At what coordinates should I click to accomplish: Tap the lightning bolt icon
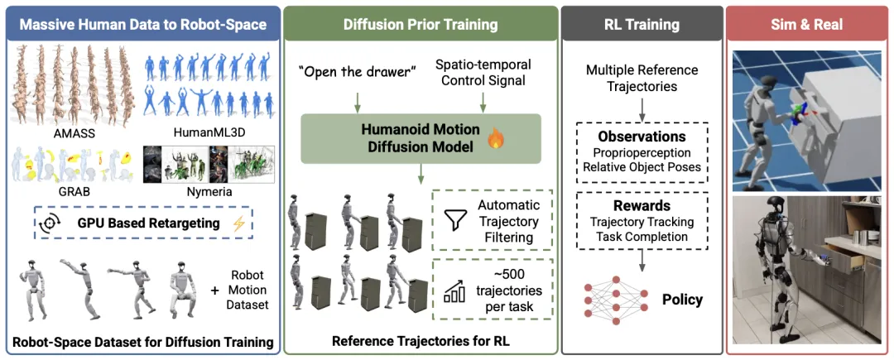[x=240, y=223]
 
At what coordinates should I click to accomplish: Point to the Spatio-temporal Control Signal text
[x=483, y=73]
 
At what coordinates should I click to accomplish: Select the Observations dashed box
[x=642, y=148]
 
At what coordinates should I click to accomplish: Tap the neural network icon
[x=614, y=298]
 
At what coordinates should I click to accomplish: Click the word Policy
[x=682, y=299]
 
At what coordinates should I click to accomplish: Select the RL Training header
[x=642, y=24]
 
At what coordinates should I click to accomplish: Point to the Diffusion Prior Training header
[x=420, y=24]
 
